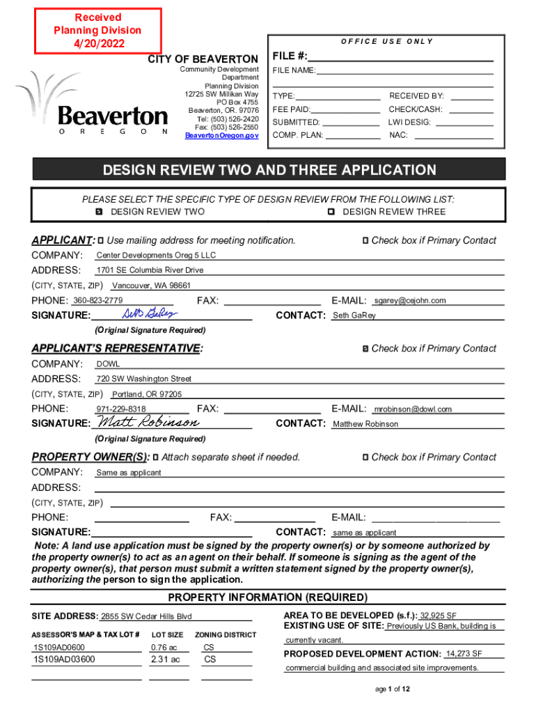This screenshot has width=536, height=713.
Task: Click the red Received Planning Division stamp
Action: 97,30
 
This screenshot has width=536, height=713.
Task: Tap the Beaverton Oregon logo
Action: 97,104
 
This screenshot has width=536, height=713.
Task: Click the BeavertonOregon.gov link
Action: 221,136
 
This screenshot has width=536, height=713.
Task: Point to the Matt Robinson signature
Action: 148,423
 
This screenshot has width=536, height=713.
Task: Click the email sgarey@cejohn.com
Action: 410,301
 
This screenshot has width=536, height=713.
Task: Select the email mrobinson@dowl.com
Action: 413,409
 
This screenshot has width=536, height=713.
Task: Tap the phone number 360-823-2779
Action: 98,301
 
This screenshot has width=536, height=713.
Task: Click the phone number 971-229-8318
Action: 121,409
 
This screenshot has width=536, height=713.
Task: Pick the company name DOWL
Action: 108,364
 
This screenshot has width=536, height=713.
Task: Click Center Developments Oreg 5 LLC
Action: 156,256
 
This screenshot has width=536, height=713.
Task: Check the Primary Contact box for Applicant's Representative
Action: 365,348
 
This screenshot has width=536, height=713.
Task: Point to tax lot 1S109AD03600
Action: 64,659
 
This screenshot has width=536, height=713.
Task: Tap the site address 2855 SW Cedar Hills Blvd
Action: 146,617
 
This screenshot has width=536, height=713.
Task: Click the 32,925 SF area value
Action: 439,616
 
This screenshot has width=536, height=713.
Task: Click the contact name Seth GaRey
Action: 354,316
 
